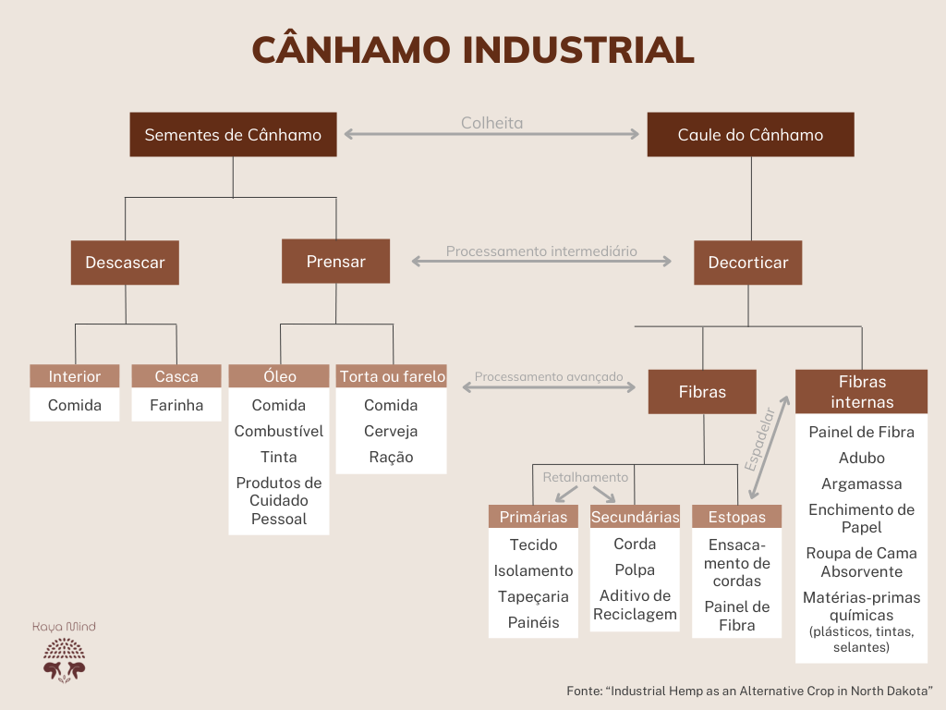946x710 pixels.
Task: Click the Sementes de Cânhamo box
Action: (x=233, y=135)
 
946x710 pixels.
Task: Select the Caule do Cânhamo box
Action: (x=750, y=135)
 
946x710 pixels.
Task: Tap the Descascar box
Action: (x=125, y=263)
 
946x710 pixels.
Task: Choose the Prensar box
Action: (x=336, y=262)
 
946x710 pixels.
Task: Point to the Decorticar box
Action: (x=748, y=263)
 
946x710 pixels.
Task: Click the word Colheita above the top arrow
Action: (x=492, y=123)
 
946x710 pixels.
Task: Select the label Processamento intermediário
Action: (x=541, y=251)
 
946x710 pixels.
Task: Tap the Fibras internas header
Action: (x=862, y=392)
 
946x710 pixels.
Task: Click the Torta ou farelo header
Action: (x=392, y=376)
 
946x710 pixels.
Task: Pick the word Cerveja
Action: (x=391, y=431)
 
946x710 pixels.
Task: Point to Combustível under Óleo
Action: (x=279, y=431)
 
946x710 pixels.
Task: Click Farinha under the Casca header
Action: (x=176, y=405)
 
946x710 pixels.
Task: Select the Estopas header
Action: (x=737, y=516)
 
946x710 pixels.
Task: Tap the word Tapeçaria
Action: (x=533, y=596)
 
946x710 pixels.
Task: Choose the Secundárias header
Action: (x=636, y=517)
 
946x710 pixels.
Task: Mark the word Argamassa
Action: (x=862, y=484)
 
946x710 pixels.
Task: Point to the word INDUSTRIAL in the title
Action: (x=579, y=50)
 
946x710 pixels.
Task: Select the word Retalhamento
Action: (x=585, y=477)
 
